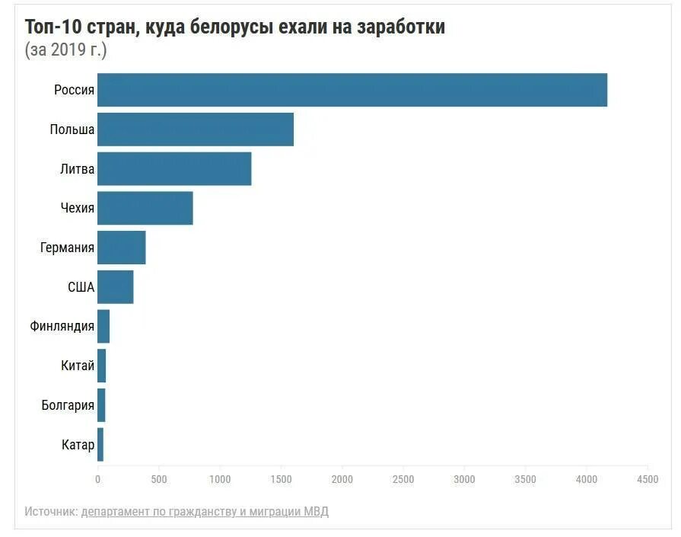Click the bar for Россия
click(352, 90)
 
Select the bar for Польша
click(196, 129)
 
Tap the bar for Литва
click(174, 169)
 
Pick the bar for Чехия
click(145, 209)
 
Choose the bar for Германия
click(122, 248)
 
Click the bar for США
click(116, 287)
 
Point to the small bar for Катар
click(100, 445)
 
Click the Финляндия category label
click(62, 327)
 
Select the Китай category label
click(78, 366)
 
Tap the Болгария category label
click(68, 405)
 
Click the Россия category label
click(74, 90)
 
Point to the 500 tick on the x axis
click(159, 479)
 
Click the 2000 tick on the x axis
click(342, 479)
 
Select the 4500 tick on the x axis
click(648, 479)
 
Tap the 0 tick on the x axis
click(97, 479)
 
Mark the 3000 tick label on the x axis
click(464, 479)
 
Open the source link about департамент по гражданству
click(205, 511)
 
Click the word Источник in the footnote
click(51, 511)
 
